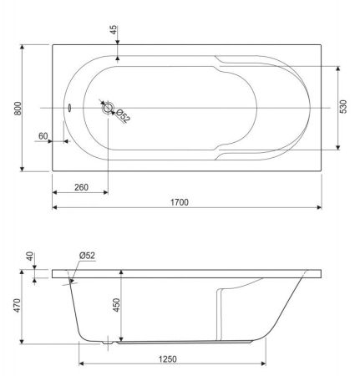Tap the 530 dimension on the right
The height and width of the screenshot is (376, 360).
tap(344, 108)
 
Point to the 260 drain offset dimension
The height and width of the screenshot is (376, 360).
tap(80, 186)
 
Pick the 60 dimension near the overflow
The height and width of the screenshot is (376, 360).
tap(43, 135)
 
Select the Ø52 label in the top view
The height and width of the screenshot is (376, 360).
tap(123, 115)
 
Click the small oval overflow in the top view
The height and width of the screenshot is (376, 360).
tap(69, 107)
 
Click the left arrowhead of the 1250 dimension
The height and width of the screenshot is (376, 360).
tap(82, 365)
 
